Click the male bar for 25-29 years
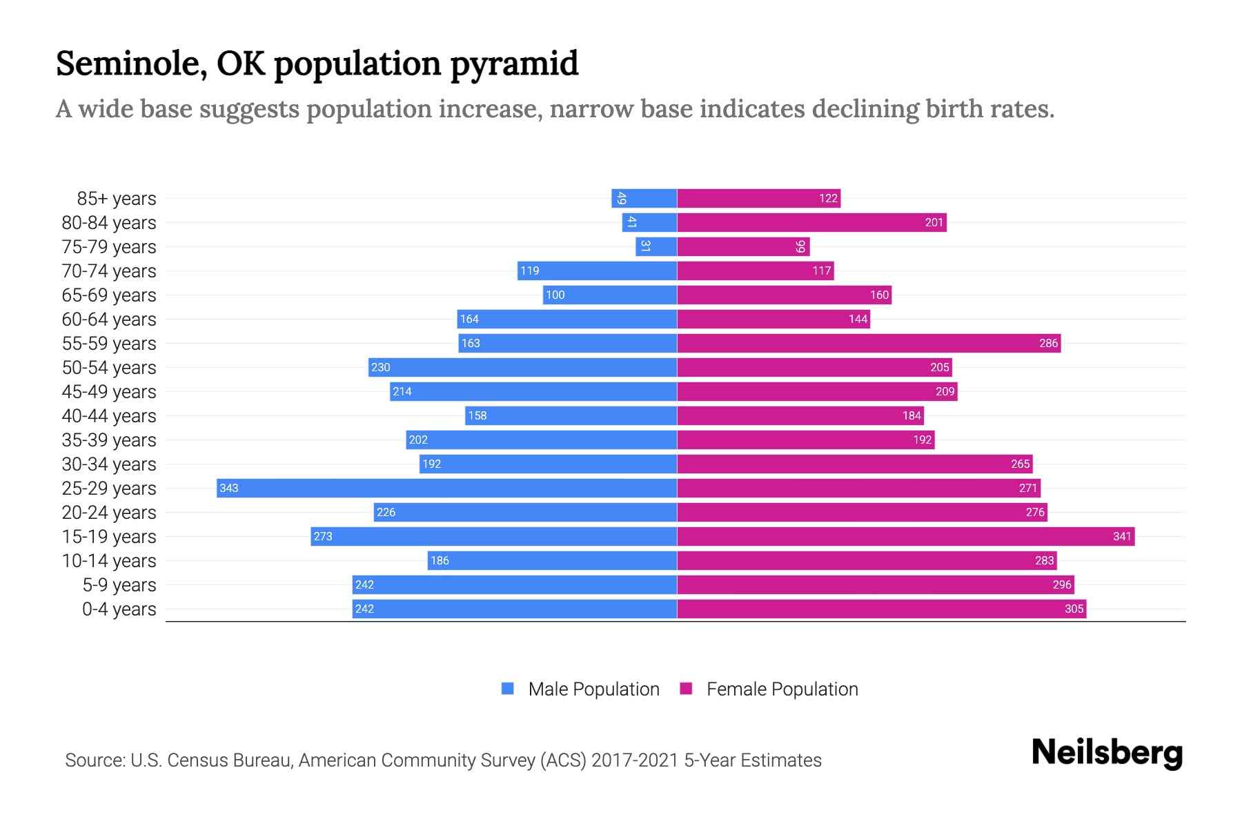tap(446, 488)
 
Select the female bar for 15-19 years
tap(905, 536)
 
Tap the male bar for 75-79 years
tap(655, 246)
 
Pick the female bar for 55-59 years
tap(868, 343)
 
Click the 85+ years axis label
tap(116, 199)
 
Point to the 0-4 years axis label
tap(119, 609)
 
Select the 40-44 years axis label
tap(109, 416)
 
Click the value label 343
tap(228, 489)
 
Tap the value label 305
tap(1074, 609)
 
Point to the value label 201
tap(934, 223)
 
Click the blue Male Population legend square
tap(508, 689)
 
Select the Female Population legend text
tap(782, 689)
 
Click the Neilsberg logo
tap(1107, 753)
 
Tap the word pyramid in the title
tap(514, 65)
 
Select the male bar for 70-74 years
tap(597, 270)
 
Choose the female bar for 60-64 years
tap(773, 319)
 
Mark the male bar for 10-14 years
tap(552, 560)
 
